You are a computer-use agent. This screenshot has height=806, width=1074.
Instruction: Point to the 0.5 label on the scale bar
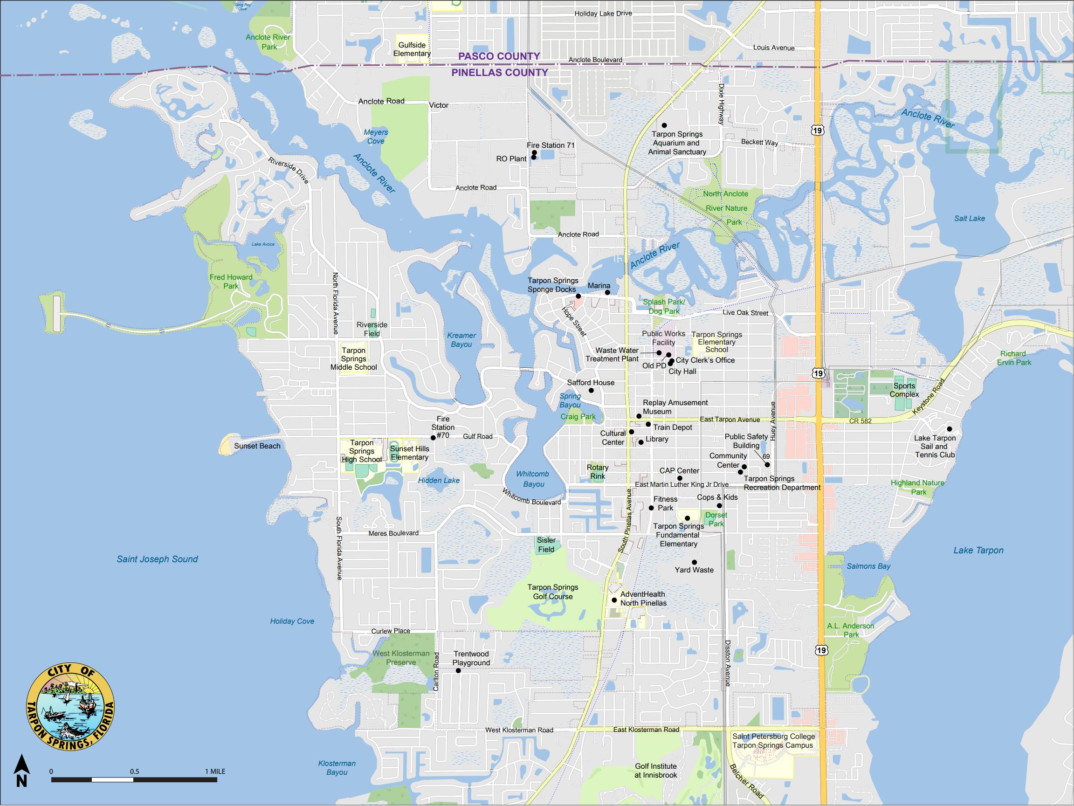pos(135,771)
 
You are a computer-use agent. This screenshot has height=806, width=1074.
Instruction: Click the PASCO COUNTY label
pos(499,56)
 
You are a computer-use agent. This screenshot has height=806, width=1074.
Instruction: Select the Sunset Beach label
pos(257,446)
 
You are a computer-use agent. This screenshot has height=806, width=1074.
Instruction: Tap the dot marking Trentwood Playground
pos(458,670)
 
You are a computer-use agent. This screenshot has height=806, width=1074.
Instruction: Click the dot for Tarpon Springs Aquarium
pos(664,125)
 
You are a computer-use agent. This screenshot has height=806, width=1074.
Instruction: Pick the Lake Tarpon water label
pos(978,550)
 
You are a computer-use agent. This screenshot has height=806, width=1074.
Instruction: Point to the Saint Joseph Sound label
pos(157,559)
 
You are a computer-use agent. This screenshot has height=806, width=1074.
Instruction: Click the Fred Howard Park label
pos(231,282)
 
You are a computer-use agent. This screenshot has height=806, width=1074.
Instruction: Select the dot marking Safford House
pos(591,390)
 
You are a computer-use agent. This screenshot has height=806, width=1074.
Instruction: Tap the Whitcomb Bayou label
pos(533,479)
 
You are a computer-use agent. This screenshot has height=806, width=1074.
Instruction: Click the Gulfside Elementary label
pos(412,49)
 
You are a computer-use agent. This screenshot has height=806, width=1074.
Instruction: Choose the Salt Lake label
pos(969,219)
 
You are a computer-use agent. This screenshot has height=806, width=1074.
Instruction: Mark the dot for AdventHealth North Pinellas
pos(614,600)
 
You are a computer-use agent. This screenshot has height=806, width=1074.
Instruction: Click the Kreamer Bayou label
pos(461,340)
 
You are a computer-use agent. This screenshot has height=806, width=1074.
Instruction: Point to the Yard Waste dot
pos(694,562)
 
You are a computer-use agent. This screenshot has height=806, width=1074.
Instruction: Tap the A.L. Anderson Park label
pos(851,630)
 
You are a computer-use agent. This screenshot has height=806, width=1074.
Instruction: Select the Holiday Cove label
pos(292,621)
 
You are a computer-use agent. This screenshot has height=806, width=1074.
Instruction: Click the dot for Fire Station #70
pos(433,437)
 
